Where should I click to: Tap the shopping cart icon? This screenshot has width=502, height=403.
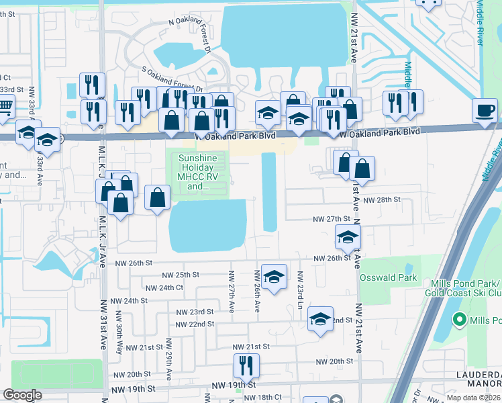(x=4, y=106)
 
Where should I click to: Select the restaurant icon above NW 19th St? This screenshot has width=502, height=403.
(x=246, y=366)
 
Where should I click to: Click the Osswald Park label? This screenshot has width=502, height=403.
(x=388, y=277)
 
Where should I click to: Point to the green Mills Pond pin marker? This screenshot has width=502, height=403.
(x=460, y=320)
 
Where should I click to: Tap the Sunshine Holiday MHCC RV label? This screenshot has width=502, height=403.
(x=198, y=172)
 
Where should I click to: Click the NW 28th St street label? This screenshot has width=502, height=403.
(x=381, y=200)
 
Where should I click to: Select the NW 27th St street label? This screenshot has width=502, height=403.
(x=332, y=219)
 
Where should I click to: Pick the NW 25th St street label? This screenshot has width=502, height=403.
(x=181, y=275)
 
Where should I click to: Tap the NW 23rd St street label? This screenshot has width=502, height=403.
(x=195, y=312)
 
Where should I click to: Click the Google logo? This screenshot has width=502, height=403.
(x=22, y=395)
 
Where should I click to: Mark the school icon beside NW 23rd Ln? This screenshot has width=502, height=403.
(x=274, y=277)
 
